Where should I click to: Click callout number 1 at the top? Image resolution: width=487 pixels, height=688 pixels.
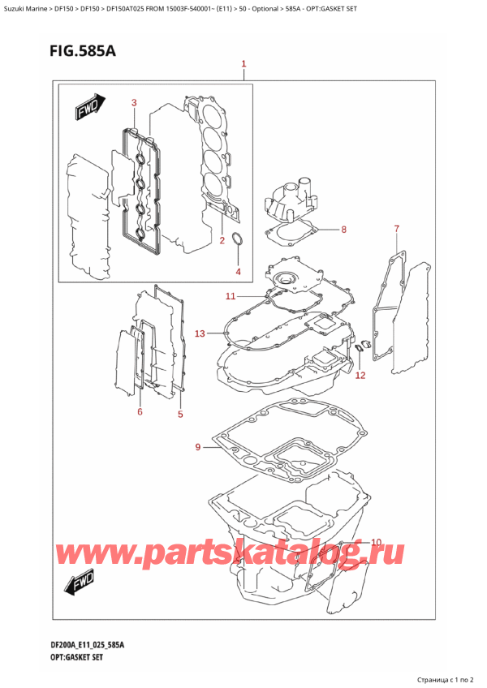[x=243, y=64]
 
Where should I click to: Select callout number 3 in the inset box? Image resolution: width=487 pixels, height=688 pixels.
[x=134, y=102]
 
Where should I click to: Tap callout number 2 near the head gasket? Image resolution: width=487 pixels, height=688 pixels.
[x=222, y=241]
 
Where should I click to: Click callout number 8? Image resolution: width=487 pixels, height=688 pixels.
[x=343, y=230]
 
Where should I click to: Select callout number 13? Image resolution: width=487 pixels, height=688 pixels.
[x=200, y=333]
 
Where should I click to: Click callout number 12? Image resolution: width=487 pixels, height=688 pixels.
[x=360, y=375]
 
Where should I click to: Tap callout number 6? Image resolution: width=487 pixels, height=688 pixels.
[x=140, y=413]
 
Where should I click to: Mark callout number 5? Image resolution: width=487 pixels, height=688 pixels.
[x=180, y=415]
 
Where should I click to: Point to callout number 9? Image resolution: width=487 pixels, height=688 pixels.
[x=198, y=446]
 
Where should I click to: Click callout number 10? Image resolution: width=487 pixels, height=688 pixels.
[x=376, y=542]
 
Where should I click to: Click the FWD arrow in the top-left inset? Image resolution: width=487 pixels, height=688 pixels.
[x=85, y=110]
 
